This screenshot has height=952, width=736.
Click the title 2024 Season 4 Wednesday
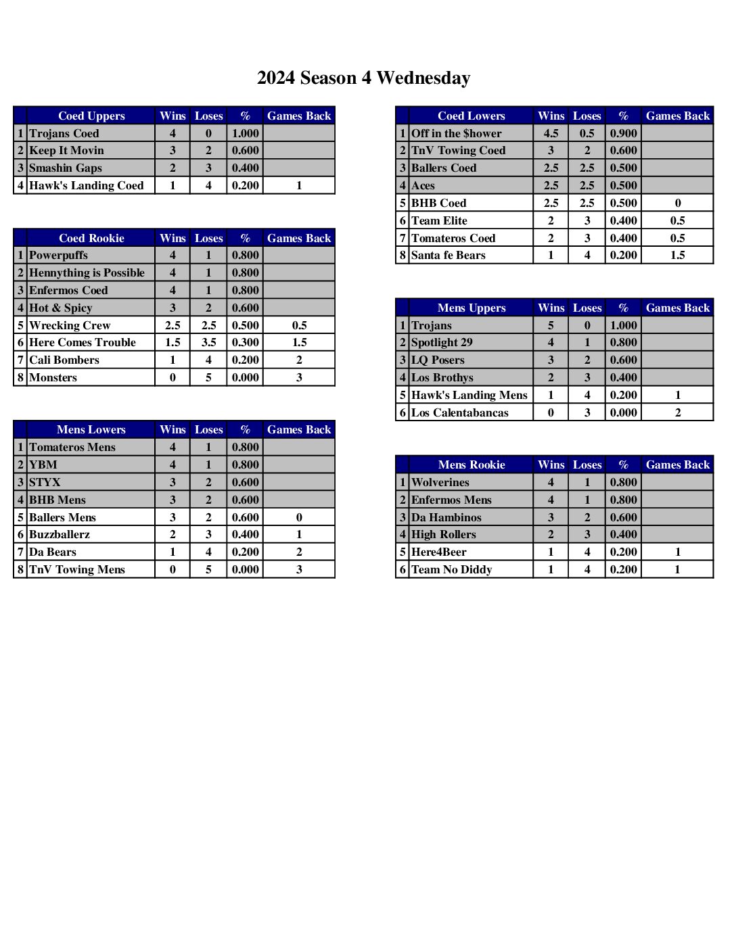[x=363, y=78]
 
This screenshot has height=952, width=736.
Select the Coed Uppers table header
[x=91, y=116]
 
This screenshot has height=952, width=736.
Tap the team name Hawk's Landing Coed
[x=86, y=185]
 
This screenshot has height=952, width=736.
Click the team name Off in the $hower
[x=457, y=133]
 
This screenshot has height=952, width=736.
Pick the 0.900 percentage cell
[x=623, y=133]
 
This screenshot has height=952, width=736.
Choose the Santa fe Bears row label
[x=448, y=255]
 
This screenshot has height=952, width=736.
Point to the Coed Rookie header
[x=91, y=238]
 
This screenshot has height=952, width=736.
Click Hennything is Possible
[x=87, y=272]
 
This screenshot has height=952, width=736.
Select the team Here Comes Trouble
[x=82, y=342]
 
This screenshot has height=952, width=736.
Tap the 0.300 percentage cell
[x=245, y=342]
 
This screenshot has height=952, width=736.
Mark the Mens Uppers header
[x=471, y=308]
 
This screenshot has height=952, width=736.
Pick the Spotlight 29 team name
[x=442, y=342]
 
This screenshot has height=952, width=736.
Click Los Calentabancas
[x=460, y=412]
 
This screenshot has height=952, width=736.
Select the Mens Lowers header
[x=91, y=429]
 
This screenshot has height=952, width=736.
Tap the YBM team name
[x=43, y=465]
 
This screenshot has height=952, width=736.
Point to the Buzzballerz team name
[x=60, y=534]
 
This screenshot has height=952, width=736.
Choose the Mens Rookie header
[x=471, y=465]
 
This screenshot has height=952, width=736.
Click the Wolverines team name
[x=440, y=482]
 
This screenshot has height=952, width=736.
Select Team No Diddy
[x=451, y=569]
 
